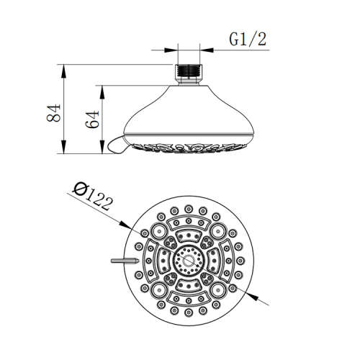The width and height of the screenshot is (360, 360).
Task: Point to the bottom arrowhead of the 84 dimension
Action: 64,152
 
